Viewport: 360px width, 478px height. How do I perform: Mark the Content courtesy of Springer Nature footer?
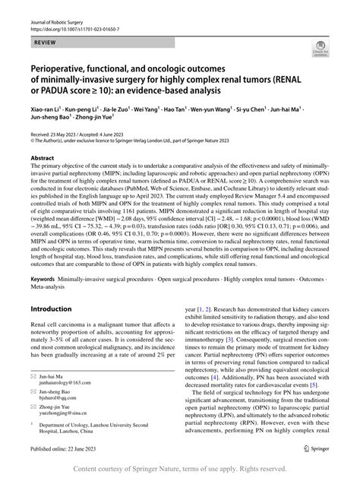pos(179,470)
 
